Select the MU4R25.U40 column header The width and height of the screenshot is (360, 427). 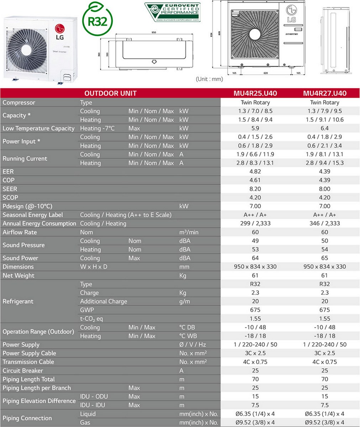pyautogui.click(x=255, y=94)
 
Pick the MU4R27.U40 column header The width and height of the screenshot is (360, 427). pyautogui.click(x=324, y=94)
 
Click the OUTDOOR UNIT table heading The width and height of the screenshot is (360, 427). pyautogui.click(x=110, y=94)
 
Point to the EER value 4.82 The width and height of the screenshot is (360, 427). pyautogui.click(x=255, y=172)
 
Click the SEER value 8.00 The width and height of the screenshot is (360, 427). pyautogui.click(x=324, y=189)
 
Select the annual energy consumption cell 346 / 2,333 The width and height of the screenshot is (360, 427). pyautogui.click(x=324, y=223)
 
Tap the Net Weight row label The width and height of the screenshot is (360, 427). pyautogui.click(x=19, y=275)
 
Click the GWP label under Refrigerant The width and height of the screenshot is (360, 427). pyautogui.click(x=87, y=310)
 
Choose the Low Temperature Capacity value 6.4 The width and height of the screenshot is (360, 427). pyautogui.click(x=324, y=128)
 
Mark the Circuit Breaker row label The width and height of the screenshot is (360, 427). pyautogui.click(x=23, y=370)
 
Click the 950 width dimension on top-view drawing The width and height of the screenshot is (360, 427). pyautogui.click(x=154, y=32)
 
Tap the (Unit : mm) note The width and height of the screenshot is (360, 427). pyautogui.click(x=209, y=79)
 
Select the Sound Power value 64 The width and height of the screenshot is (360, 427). pyautogui.click(x=255, y=258)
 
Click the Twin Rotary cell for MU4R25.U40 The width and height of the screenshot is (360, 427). pyautogui.click(x=255, y=102)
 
